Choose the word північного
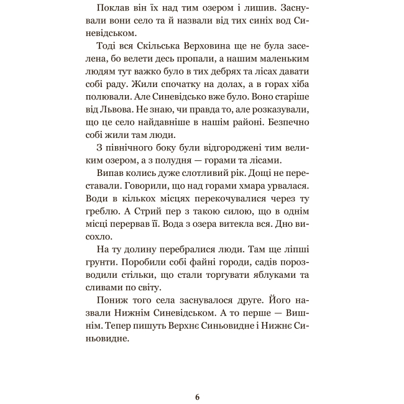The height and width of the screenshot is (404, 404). click(x=134, y=152)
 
